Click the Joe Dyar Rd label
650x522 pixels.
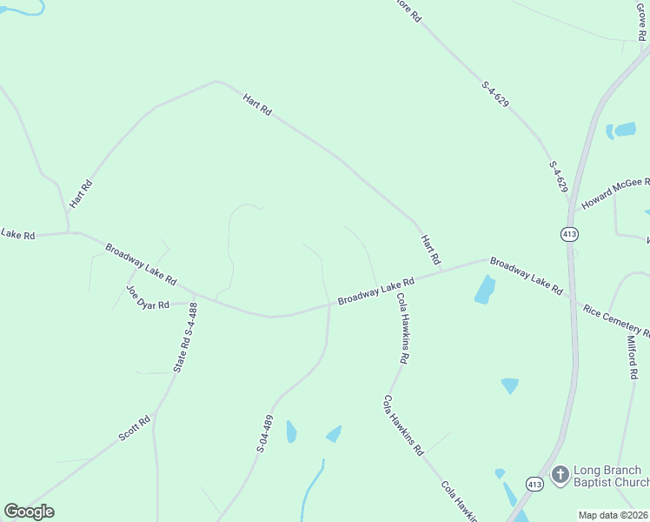coord(147,298)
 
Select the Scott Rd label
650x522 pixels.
coord(135,427)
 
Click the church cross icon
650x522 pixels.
coord(560,475)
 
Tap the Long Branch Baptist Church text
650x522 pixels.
coord(611,477)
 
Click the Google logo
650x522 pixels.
coord(29,512)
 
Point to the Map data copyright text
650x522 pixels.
coord(614,515)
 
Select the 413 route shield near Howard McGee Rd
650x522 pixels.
coord(569,234)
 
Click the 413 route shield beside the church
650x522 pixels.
coord(535,484)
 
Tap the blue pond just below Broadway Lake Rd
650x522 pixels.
coord(485,290)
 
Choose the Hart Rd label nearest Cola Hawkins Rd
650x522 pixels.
coord(431,251)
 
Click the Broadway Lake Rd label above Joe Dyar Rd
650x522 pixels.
coord(142,264)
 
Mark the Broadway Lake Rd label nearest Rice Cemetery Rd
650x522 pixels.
coord(526,276)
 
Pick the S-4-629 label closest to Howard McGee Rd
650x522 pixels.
coord(558,177)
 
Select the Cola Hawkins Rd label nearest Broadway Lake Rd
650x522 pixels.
coord(403,327)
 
